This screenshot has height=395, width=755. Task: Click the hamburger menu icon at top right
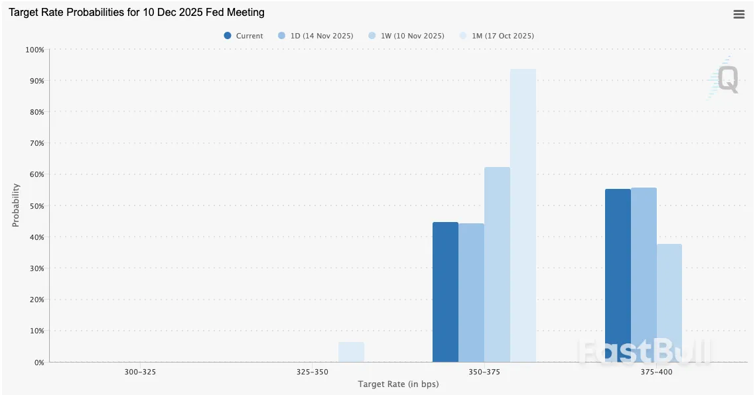coord(738,15)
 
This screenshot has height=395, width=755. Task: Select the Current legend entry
coord(243,36)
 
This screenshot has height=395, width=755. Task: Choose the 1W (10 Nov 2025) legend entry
coord(406,36)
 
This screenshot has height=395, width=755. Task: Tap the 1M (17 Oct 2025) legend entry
coord(497,36)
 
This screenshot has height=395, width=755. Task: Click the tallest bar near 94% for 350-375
coord(523,215)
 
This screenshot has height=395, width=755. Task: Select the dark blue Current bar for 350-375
coord(445,292)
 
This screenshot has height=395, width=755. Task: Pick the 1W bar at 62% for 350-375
coord(497,265)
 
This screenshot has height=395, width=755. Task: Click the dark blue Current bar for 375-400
coord(618,275)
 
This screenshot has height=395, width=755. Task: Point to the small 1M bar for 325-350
coord(351,352)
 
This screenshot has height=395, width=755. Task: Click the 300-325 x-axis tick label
coord(140,372)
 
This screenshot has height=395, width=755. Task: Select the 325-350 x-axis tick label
coord(312,372)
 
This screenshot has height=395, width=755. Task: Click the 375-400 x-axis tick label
coord(657,372)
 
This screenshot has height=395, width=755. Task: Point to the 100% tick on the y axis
coord(34,50)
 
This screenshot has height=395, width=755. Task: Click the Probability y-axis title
coord(15,205)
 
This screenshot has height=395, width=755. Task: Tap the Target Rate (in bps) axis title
coord(398,384)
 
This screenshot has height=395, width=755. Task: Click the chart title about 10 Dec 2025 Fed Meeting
coord(136,13)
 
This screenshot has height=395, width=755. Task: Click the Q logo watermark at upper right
coord(725,80)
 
